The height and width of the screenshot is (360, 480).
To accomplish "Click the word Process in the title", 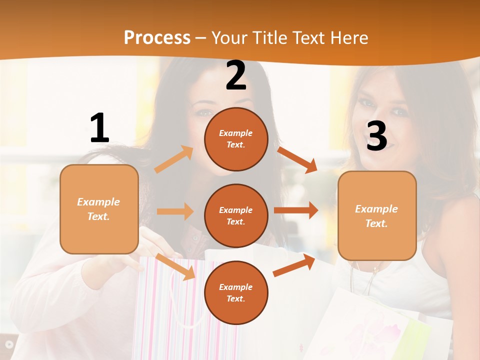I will (157, 38).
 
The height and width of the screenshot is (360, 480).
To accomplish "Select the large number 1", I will (99, 128).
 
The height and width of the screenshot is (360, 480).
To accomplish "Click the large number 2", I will (236, 76).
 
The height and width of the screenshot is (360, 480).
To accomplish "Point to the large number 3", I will (376, 136).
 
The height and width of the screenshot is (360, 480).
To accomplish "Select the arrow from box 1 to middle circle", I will (175, 211).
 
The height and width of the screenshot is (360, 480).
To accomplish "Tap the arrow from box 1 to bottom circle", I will (175, 267).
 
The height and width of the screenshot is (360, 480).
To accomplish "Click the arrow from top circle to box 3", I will (297, 159).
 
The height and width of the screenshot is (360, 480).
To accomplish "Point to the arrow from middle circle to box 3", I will (296, 210).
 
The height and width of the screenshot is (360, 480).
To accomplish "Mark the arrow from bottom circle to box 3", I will (294, 266).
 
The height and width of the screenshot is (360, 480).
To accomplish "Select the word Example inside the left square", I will (98, 202).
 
